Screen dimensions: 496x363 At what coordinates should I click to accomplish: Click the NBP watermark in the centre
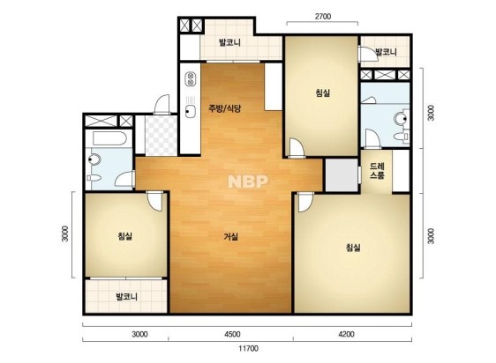248,181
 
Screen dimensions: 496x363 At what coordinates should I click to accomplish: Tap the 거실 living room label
231,237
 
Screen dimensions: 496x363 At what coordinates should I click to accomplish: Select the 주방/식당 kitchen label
224,108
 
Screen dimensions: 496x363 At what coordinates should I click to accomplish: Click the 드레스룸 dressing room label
377,171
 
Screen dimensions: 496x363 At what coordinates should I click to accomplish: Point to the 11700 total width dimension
248,349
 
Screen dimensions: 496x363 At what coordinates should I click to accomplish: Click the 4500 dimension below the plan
232,334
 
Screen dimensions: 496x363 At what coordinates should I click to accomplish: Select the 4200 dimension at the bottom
346,334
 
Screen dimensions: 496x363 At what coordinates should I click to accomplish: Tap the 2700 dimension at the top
323,16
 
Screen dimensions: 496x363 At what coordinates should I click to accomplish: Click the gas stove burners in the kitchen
191,79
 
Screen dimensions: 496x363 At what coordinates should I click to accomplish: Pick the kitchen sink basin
190,111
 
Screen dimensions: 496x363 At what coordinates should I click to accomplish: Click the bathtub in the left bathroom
109,138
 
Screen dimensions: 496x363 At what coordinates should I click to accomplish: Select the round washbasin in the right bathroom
401,118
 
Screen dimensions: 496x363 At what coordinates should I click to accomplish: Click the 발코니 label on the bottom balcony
126,297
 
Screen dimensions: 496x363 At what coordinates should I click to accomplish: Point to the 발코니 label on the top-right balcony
386,52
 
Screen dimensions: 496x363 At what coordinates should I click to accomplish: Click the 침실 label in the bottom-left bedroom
125,236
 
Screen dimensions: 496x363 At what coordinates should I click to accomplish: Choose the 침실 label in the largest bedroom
353,248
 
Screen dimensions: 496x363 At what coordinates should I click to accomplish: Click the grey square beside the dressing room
342,174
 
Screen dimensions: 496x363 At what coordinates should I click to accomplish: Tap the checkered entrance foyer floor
161,136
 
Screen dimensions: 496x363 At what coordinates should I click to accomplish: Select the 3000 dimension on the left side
64,233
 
